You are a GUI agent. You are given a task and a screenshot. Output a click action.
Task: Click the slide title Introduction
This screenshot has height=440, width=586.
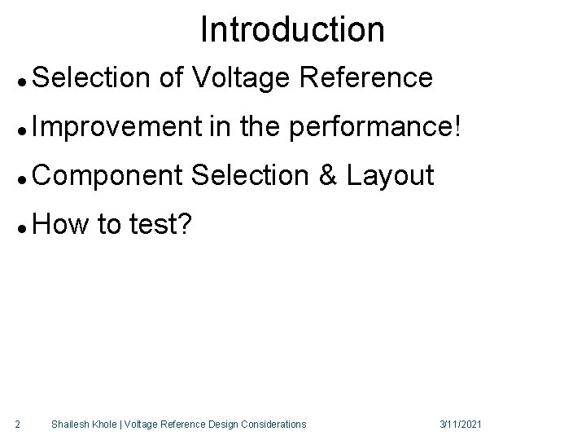pos(292,30)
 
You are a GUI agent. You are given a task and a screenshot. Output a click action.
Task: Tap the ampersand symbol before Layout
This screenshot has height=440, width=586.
pos(328,176)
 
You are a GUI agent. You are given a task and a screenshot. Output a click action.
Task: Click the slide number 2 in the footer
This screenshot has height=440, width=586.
pos(18,424)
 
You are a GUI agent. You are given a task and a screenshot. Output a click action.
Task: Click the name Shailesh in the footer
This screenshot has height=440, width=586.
pos(68,424)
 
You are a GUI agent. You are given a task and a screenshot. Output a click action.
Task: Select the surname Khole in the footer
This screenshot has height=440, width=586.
pos(105,424)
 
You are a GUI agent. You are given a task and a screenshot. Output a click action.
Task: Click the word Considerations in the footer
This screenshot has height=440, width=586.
pos(278,424)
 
